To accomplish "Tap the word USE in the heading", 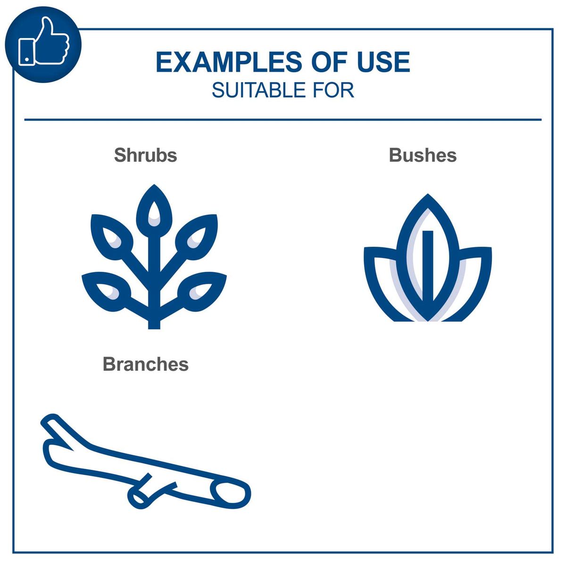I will click(x=383, y=63).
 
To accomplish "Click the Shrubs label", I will click(x=145, y=155).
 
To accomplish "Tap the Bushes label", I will click(x=423, y=155).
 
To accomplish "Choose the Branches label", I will click(x=145, y=364).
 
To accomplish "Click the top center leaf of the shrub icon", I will click(x=154, y=210).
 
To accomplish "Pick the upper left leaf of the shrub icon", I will click(x=109, y=235).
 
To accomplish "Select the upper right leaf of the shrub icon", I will click(x=198, y=235).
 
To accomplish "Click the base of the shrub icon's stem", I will click(x=154, y=323).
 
